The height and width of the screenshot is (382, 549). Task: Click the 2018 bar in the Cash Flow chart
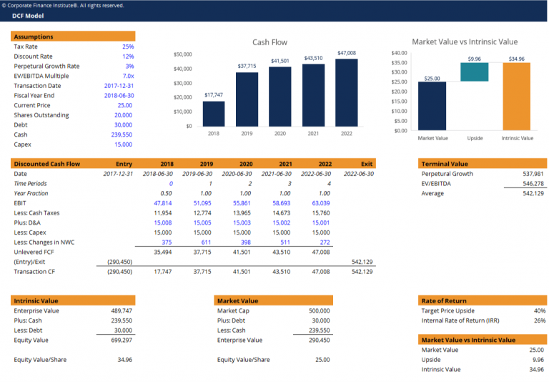pos(213,114)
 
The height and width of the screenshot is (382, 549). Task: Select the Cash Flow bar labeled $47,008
pos(346,92)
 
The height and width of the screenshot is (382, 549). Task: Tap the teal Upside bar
pos(475,72)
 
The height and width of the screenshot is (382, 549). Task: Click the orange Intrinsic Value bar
pos(516,97)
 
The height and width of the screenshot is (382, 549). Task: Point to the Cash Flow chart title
pos(269,42)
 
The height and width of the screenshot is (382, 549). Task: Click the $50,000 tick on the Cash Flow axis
pos(182,54)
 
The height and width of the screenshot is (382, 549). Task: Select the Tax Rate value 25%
pos(128,46)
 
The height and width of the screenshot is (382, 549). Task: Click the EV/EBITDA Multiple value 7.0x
pos(128,76)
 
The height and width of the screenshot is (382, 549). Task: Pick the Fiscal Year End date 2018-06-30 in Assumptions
pos(119,95)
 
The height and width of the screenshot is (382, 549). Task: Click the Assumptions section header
pos(34,36)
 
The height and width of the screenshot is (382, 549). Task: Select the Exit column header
pos(367,164)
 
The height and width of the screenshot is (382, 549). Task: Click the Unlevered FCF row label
pos(35,252)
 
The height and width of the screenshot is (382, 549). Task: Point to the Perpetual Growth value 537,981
pos(533,174)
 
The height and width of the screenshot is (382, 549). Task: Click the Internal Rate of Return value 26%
pos(540,320)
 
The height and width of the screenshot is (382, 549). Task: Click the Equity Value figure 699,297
pos(119,341)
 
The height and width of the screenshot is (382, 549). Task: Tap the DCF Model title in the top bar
pos(28,16)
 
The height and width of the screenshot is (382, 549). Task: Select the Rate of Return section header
pos(443,300)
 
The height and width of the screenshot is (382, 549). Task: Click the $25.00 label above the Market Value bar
pos(432,79)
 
